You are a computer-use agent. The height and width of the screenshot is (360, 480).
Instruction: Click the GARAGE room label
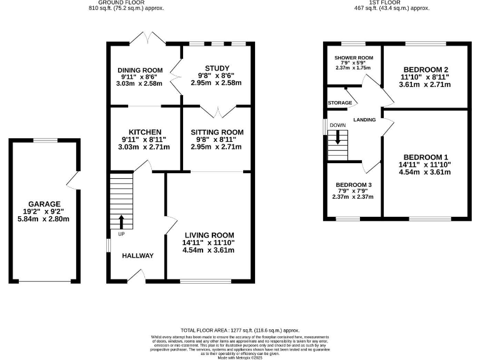point(44,204)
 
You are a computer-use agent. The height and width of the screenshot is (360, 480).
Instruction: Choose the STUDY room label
point(217,68)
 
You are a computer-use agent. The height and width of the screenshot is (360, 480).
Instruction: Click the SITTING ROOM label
point(217,132)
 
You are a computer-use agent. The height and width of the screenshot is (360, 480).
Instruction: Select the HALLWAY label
point(137,256)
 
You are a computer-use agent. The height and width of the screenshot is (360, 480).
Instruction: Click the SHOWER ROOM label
point(354,57)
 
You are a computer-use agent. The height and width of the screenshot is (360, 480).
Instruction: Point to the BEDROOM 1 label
point(426,156)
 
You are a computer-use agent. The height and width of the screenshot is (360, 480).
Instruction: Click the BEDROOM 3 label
point(353,185)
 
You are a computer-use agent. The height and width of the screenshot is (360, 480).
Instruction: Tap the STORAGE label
point(339,102)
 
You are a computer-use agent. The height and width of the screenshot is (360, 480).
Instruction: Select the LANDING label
point(364,119)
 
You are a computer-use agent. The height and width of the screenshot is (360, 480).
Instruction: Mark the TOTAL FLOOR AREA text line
point(240,330)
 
